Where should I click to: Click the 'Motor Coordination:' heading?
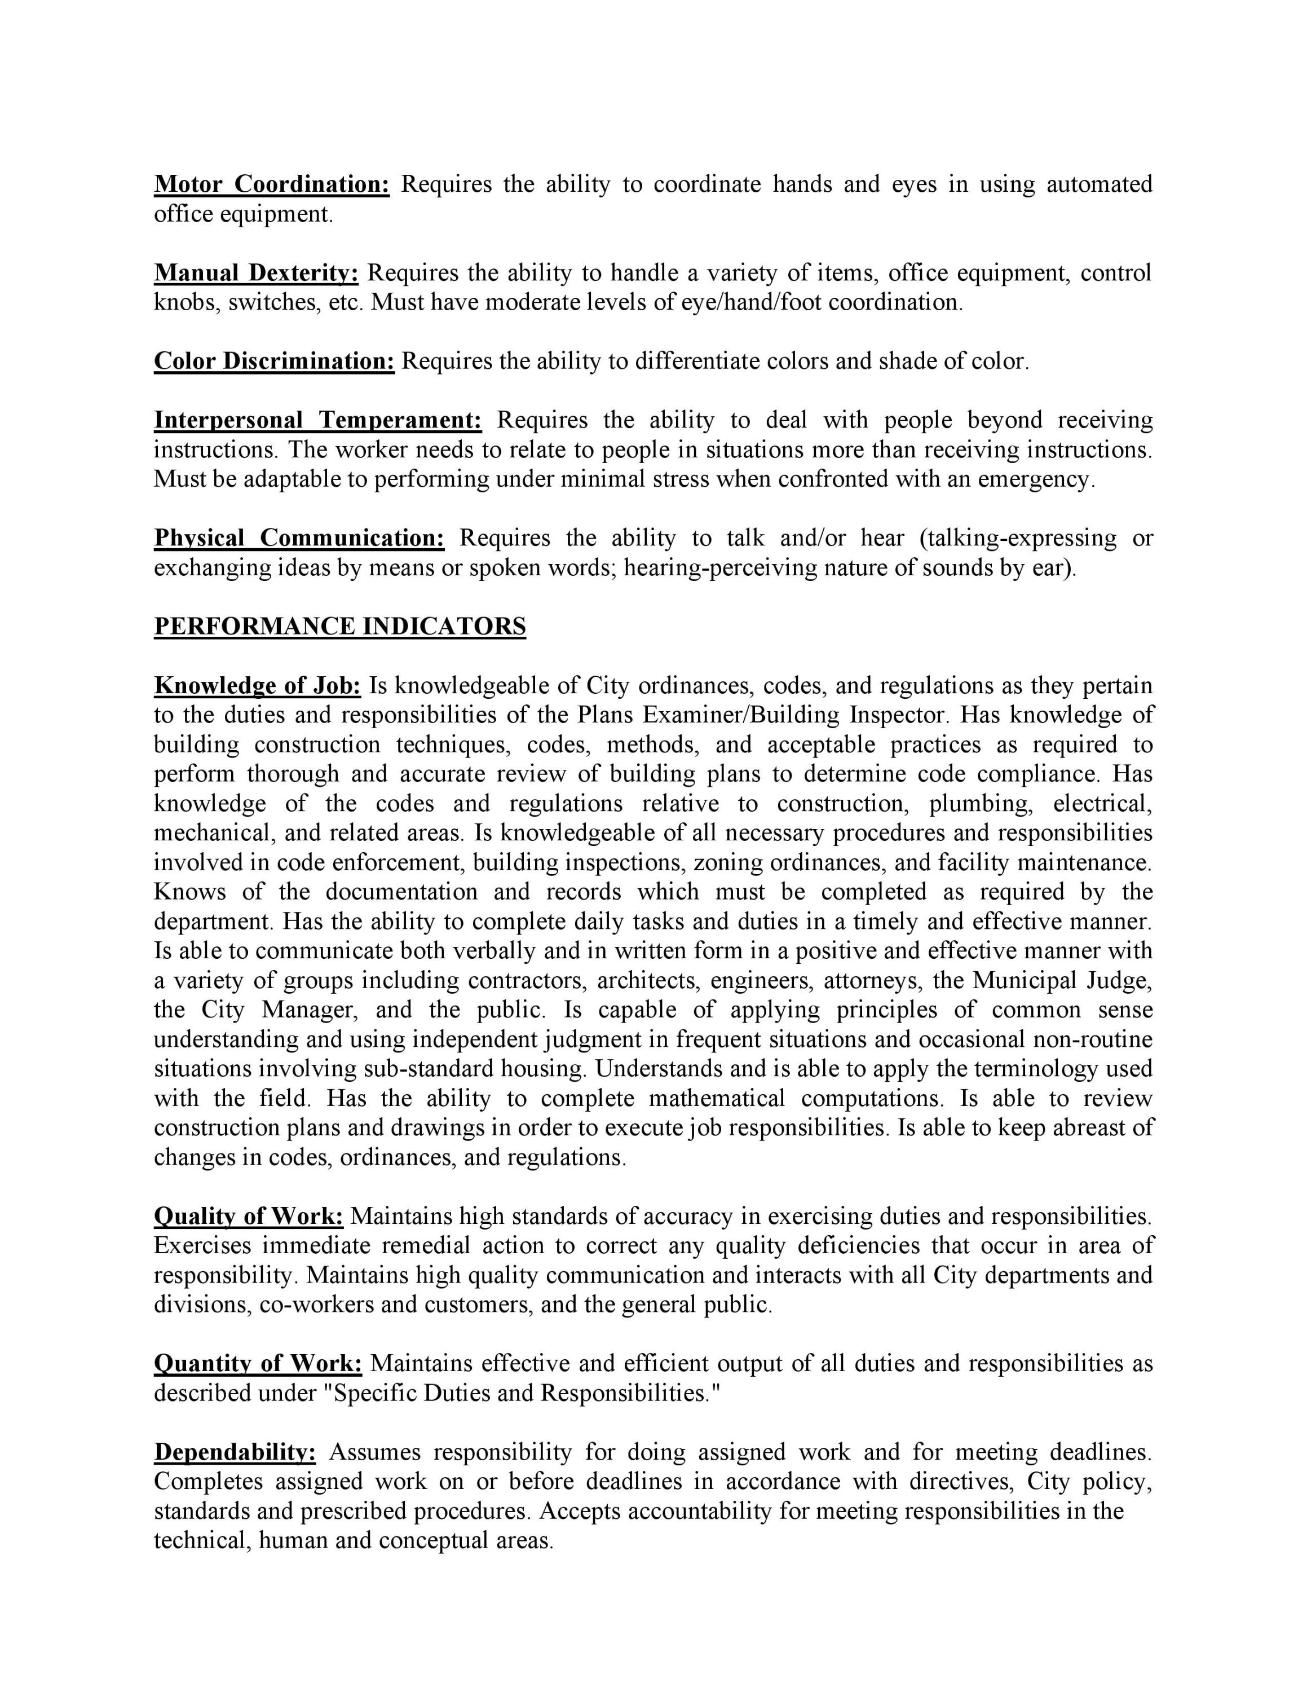coord(272,184)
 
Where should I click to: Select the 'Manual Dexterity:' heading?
coord(257,273)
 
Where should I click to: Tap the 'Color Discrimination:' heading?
coord(274,361)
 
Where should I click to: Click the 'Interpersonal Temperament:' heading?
coord(317,420)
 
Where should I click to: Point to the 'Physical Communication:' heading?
coord(299,537)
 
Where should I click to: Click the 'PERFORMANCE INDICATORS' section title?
coord(340,626)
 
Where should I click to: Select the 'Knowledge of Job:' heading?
coord(258,686)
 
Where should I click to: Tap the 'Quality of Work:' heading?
coord(249,1217)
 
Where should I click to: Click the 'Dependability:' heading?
coord(235,1452)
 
